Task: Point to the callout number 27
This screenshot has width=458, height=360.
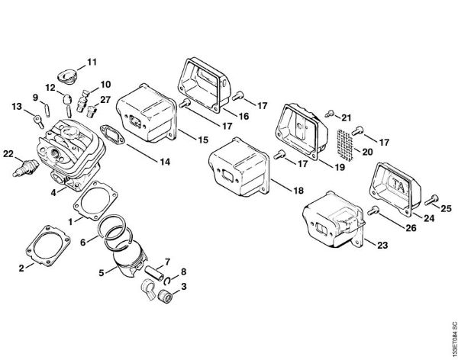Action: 105,100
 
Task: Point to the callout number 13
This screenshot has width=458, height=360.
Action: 16,107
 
